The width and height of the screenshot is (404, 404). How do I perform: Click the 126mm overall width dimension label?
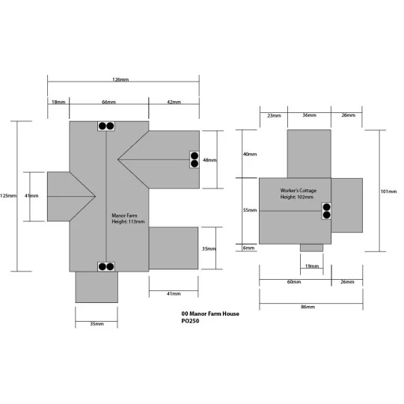tap(120, 79)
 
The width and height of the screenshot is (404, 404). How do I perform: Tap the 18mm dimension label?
tap(58, 102)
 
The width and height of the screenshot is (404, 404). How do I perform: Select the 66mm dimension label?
tap(108, 102)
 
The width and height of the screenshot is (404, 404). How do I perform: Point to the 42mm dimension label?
tap(174, 102)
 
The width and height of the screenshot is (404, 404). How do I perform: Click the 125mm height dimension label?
tap(8, 196)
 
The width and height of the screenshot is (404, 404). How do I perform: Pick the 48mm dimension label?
tap(209, 160)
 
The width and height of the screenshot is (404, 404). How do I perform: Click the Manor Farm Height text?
tap(128, 218)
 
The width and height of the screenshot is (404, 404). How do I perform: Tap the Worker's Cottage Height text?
tap(299, 194)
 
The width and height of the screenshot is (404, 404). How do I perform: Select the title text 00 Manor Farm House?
tap(210, 313)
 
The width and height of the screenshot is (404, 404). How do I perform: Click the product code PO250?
tap(190, 321)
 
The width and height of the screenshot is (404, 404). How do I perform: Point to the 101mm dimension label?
tap(388, 192)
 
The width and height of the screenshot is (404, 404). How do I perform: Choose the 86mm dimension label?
tap(308, 307)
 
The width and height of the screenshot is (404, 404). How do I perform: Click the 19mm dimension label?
tap(312, 266)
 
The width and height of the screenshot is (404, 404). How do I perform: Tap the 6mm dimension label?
tap(248, 248)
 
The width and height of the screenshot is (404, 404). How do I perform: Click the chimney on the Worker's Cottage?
tap(326, 211)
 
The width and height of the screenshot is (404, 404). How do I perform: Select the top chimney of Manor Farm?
tap(106, 126)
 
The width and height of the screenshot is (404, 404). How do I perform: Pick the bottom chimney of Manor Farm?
tap(106, 266)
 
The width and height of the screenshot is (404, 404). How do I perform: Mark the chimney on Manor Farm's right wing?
tap(195, 160)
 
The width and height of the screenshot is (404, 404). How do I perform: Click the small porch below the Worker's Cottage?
tap(311, 248)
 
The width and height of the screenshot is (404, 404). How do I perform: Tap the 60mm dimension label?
tap(294, 282)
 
